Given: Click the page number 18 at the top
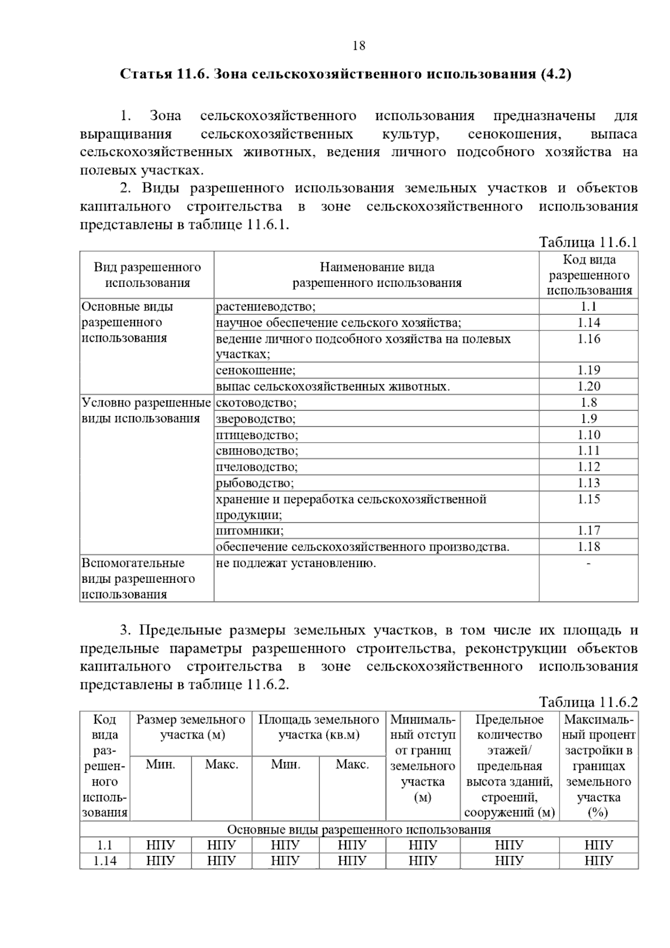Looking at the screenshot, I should pyautogui.click(x=359, y=46).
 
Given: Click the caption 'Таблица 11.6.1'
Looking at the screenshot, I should pyautogui.click(x=587, y=242).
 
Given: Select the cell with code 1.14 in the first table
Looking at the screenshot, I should pyautogui.click(x=588, y=323).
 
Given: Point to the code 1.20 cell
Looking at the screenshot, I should pyautogui.click(x=588, y=386).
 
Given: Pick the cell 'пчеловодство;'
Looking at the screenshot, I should pyautogui.click(x=257, y=467).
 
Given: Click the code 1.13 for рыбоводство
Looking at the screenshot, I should pyautogui.click(x=588, y=483).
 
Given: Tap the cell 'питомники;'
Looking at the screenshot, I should pyautogui.click(x=250, y=531).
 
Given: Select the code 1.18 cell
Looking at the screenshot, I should pyautogui.click(x=588, y=547).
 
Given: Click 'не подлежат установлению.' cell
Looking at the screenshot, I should pyautogui.click(x=296, y=563).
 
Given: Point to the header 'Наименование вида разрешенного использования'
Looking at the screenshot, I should pyautogui.click(x=377, y=275).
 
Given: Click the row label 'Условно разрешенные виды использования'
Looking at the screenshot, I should pyautogui.click(x=146, y=411).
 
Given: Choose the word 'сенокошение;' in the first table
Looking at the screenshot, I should pyautogui.click(x=256, y=371).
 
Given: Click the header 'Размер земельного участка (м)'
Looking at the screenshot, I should pyautogui.click(x=191, y=727).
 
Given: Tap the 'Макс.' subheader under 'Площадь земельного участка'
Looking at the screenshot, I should pyautogui.click(x=352, y=764).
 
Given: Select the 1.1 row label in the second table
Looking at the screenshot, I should pyautogui.click(x=104, y=845).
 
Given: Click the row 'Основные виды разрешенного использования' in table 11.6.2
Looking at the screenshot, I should pyautogui.click(x=358, y=830).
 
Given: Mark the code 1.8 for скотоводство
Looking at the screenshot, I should pyautogui.click(x=588, y=403).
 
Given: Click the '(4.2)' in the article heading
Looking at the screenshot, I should pyautogui.click(x=556, y=74).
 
